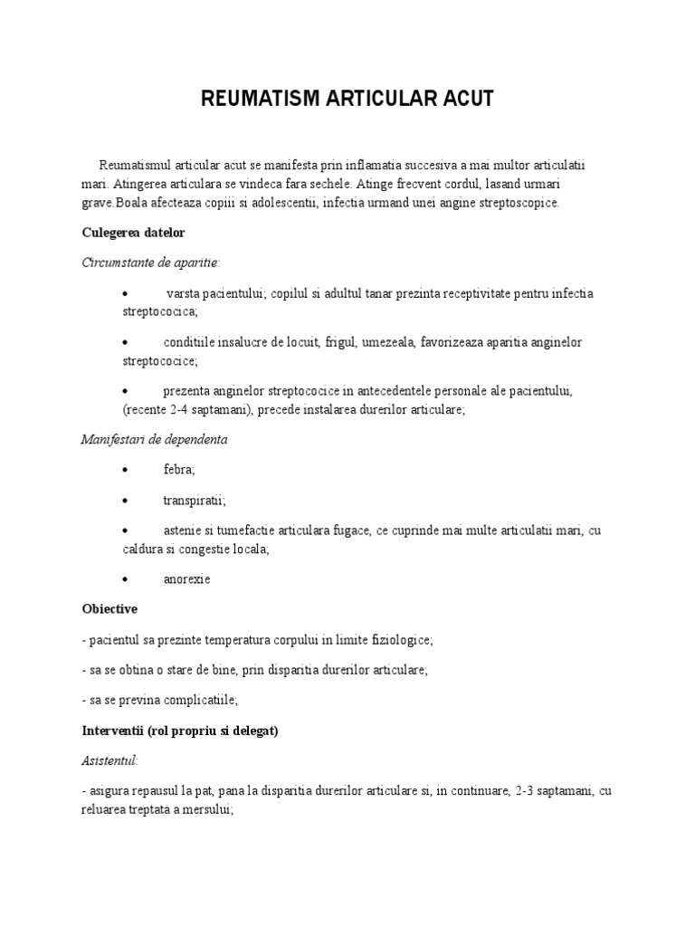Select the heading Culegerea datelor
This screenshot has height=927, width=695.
pos(133,233)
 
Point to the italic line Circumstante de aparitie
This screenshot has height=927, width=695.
pos(149,262)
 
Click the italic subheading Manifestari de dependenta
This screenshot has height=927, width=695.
pos(154,440)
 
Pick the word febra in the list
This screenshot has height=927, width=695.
pos(179,470)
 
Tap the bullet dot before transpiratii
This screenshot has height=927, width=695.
pos(125,501)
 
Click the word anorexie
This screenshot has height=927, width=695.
pos(187,578)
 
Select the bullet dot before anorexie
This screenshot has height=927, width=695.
pos(125,578)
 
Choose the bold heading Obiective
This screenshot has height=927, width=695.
pos(109,609)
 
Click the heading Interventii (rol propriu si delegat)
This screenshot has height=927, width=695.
pos(179,731)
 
